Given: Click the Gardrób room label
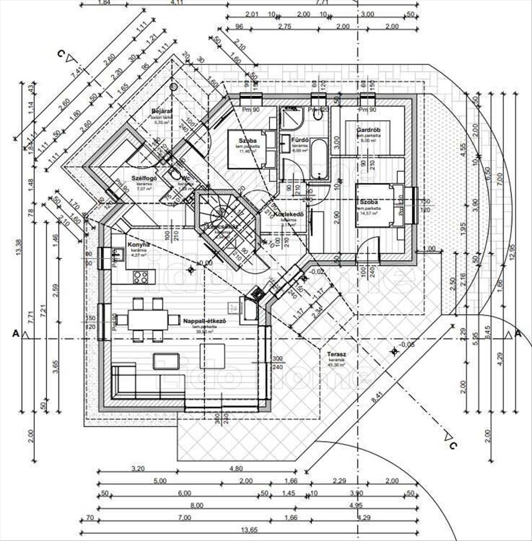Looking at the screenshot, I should point(366,130).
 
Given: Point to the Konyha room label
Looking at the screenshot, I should point(138,245).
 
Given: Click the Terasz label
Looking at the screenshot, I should point(336,355).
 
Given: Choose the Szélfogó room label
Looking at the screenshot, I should point(144,178).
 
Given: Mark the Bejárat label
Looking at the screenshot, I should point(161,110).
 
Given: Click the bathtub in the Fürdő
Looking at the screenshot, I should point(319,160).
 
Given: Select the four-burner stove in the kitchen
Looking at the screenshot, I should point(141,276).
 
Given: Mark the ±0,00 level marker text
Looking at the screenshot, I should point(205,263).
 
